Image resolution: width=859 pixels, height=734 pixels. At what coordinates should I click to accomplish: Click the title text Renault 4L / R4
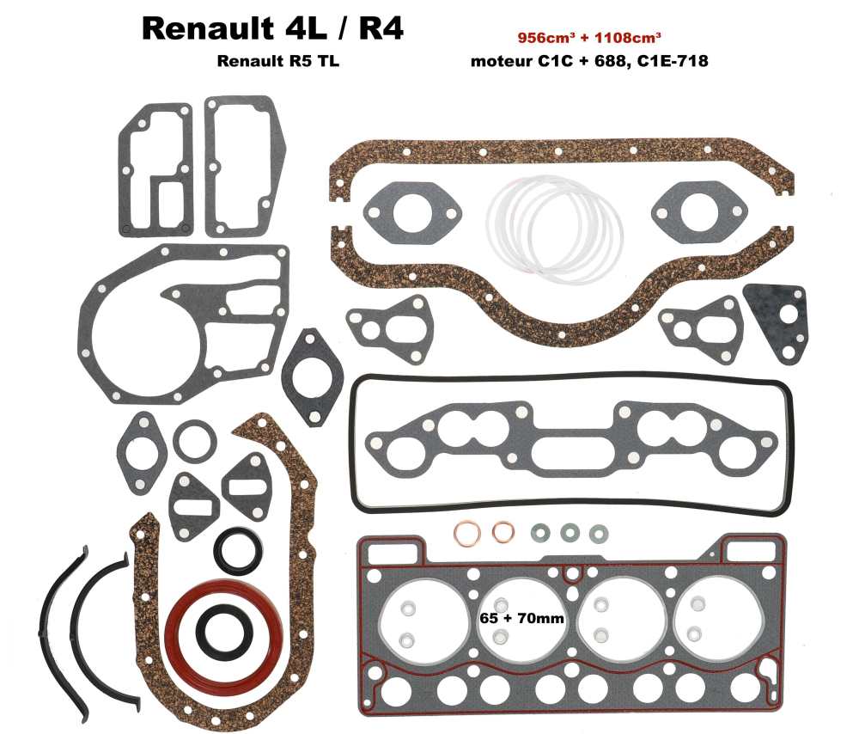click(x=272, y=28)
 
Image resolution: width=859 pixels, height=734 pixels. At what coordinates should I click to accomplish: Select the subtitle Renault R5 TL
click(x=272, y=61)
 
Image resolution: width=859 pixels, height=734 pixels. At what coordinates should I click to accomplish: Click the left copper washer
click(x=465, y=533)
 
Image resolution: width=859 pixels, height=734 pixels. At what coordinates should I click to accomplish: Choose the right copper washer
click(x=502, y=533)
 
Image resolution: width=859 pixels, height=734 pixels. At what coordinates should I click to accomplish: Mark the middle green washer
click(x=569, y=533)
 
